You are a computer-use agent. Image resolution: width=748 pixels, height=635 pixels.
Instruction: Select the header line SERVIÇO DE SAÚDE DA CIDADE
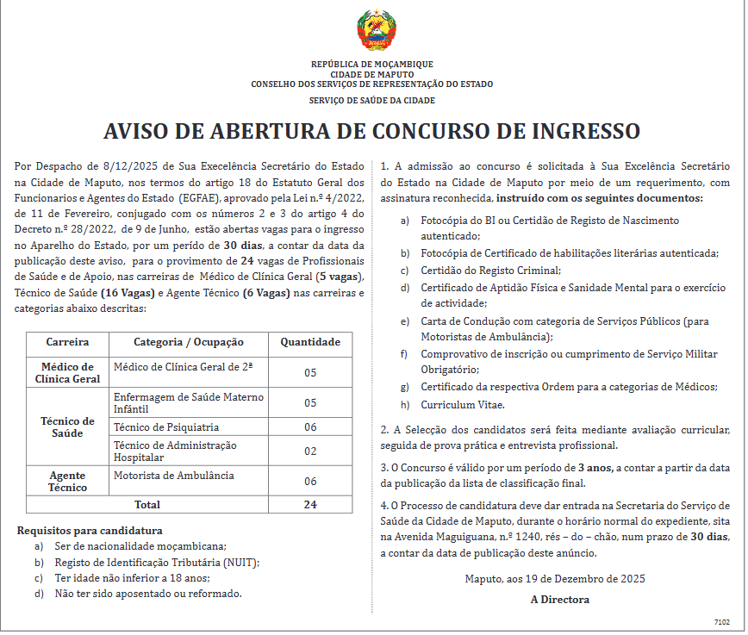click(x=372, y=101)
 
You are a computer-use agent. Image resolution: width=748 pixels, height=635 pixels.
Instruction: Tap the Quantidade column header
click(x=311, y=342)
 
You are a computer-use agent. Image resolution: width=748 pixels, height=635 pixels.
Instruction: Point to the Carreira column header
click(x=67, y=342)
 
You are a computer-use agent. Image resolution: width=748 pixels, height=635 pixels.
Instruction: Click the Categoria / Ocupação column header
click(x=189, y=342)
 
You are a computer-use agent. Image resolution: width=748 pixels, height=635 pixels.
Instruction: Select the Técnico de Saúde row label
click(x=67, y=426)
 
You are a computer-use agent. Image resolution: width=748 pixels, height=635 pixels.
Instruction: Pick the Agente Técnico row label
click(x=67, y=481)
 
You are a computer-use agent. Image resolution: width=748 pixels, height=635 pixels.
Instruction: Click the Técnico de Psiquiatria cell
click(x=166, y=426)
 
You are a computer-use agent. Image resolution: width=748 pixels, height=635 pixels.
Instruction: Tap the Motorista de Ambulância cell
click(x=173, y=475)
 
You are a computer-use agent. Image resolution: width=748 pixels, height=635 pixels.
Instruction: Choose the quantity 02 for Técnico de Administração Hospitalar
click(x=311, y=451)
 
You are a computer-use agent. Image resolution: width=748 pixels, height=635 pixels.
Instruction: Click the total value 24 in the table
click(x=311, y=504)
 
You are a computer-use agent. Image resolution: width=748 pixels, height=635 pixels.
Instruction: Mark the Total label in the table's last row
click(x=147, y=504)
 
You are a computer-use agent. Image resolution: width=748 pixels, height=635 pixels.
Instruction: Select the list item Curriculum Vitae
click(x=463, y=404)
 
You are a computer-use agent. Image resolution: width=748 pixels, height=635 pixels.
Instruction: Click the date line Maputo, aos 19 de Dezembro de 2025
click(x=554, y=579)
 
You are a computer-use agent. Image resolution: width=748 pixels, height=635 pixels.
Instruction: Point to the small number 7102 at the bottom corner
click(x=721, y=620)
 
